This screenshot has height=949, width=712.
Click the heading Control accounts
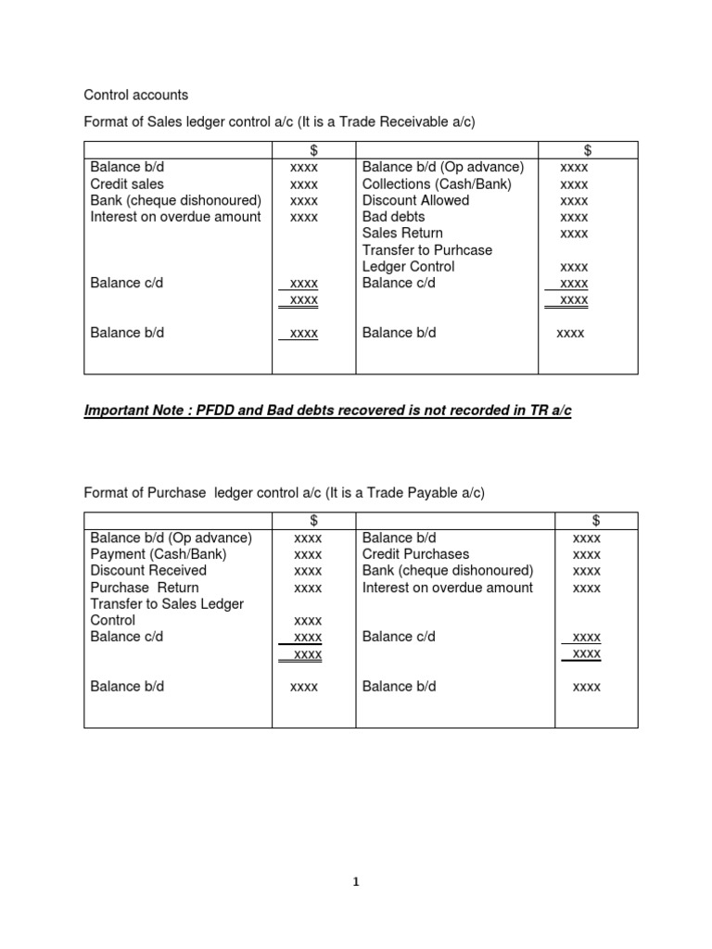click(136, 95)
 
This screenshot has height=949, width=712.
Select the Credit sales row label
click(127, 184)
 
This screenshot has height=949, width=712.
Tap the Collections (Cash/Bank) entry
click(437, 184)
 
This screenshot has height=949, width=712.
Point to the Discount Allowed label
click(415, 200)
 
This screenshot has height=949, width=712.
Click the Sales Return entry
click(402, 234)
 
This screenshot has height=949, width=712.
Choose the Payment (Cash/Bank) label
click(159, 554)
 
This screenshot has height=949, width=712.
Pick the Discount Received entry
click(148, 571)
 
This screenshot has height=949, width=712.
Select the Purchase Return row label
click(145, 588)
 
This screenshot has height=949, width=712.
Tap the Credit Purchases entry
click(415, 554)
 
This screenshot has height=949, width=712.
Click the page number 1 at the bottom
click(356, 882)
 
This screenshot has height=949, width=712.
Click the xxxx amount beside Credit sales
click(304, 184)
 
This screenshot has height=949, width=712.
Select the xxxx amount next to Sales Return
click(575, 234)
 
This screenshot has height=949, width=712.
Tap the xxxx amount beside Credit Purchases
click(587, 554)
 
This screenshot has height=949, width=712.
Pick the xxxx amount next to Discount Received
click(308, 571)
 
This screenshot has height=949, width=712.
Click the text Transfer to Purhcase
click(427, 250)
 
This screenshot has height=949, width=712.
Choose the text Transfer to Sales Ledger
click(167, 604)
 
